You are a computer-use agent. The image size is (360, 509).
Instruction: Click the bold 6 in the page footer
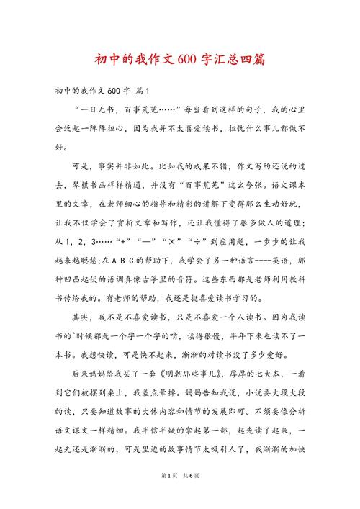click(189, 495)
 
